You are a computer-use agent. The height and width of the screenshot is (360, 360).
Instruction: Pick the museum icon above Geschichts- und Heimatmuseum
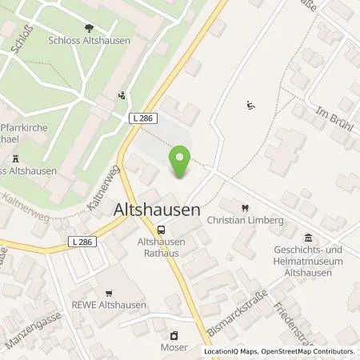[x=310, y=237]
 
